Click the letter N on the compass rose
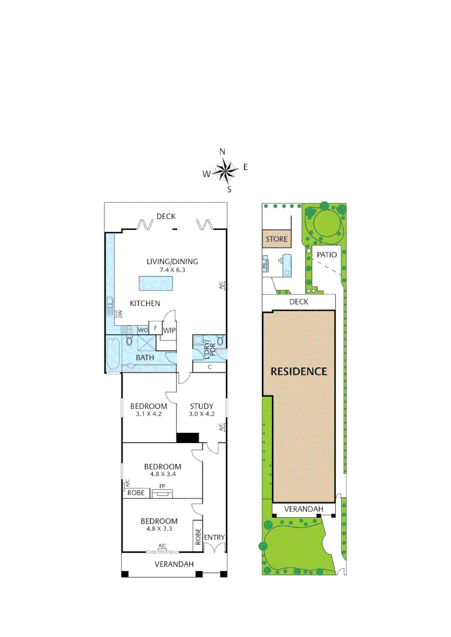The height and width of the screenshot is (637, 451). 223,152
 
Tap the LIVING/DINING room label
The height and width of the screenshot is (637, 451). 172,262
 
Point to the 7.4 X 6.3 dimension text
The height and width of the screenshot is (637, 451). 172,270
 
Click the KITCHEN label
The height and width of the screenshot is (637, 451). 145,303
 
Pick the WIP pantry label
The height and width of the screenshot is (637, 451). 169,330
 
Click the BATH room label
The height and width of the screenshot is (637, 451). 145,357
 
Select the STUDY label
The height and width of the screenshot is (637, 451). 201,406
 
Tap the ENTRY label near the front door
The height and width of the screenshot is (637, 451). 214,537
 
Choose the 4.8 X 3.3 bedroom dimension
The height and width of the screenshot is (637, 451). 159,529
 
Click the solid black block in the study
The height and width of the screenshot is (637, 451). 188,438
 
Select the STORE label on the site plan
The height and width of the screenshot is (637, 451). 276,239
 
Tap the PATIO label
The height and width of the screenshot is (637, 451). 326,255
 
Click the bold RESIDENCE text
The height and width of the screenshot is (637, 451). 299,372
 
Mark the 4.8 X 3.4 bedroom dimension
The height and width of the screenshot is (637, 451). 162,474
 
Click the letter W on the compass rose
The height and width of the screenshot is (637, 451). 207,173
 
